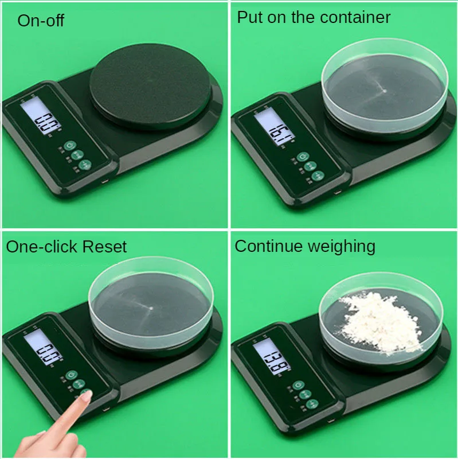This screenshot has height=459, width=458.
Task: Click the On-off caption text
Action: [41, 21]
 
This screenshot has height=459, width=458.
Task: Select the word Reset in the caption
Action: [104, 247]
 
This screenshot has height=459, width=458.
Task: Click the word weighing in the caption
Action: [342, 247]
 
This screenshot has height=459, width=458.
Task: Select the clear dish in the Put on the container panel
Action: [384, 89]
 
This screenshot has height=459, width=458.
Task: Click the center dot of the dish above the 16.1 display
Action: [383, 90]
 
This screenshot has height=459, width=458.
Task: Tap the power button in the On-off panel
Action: [69, 146]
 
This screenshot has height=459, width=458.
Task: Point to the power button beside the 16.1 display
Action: [302, 156]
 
